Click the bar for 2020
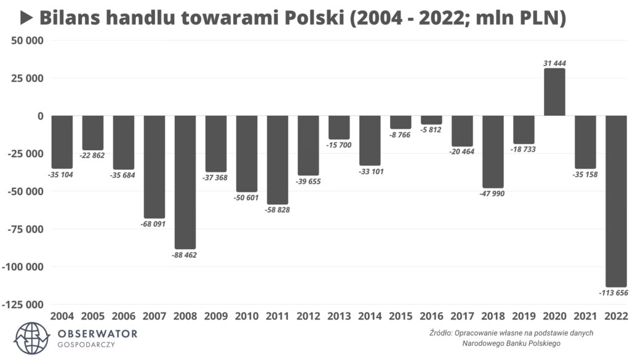[x=554, y=92]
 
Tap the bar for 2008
[x=185, y=182]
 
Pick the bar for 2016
[x=431, y=120]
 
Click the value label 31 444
[x=554, y=63]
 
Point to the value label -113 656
[x=613, y=292]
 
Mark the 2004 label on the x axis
[x=62, y=316]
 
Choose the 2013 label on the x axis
[x=339, y=316]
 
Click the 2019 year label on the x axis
[x=524, y=316]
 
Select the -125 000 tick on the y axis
[x=23, y=305]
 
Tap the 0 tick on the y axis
[x=40, y=116]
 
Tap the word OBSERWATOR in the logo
[x=97, y=334]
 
